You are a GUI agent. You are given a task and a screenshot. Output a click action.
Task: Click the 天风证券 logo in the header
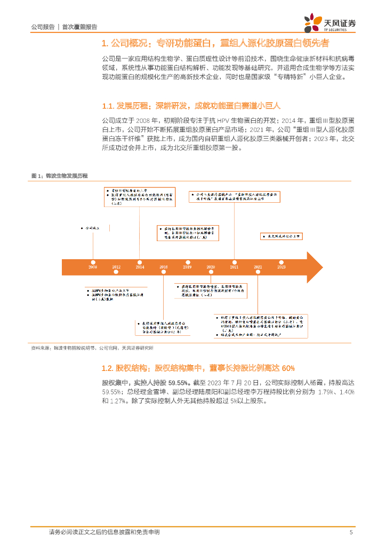coord(330,23)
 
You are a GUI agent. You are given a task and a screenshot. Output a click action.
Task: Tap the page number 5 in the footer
coord(351,532)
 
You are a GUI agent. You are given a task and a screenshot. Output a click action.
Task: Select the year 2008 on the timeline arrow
coord(93,267)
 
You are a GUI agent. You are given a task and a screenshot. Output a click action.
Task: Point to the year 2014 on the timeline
coord(140,267)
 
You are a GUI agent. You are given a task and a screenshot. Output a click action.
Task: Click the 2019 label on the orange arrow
coord(187,267)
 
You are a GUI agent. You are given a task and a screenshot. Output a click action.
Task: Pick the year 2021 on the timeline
coord(234,267)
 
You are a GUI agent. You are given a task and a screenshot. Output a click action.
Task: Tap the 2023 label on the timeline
coord(281,267)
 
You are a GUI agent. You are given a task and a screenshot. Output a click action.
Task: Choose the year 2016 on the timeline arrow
coord(164,267)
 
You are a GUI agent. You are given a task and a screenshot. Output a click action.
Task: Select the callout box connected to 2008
coord(92,227)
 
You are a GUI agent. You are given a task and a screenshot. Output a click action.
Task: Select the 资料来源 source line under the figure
coord(92,348)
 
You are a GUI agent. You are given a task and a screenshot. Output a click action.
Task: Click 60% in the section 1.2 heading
coord(288,368)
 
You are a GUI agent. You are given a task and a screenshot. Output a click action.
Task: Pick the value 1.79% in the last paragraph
coord(326,392)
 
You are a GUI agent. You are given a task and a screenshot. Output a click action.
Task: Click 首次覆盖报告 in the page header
coord(80,27)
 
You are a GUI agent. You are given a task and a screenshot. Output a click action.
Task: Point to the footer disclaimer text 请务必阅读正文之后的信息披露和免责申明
coord(104,532)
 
